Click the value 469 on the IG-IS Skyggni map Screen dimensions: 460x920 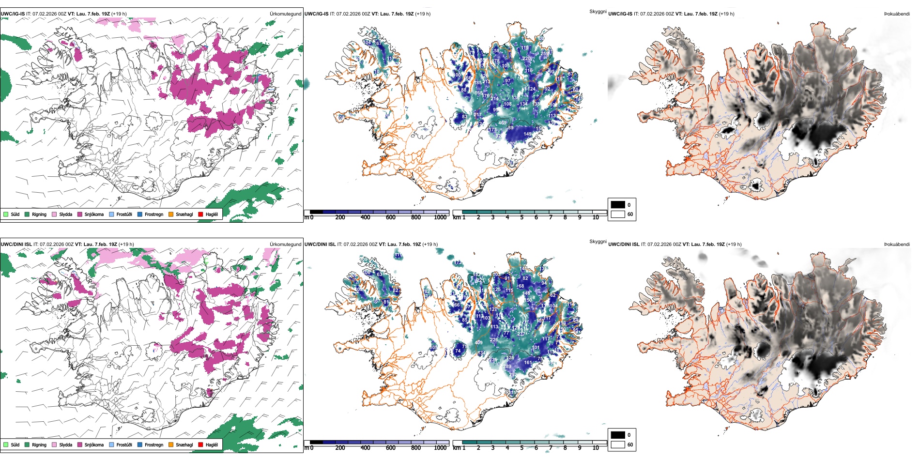tap(503, 123)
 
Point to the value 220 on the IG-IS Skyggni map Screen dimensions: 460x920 tap(526, 59)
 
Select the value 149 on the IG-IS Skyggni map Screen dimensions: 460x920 tap(528, 134)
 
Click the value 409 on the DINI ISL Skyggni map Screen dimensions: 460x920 tap(478, 343)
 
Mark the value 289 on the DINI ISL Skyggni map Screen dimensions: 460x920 tap(507, 367)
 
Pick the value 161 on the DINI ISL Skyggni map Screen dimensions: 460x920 tap(528, 362)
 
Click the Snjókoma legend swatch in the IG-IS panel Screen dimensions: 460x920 tap(80, 214)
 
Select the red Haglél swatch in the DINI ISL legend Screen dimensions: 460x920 tap(200, 445)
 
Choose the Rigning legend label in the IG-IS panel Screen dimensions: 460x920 tap(39, 214)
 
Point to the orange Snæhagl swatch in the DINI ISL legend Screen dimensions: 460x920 tap(171, 445)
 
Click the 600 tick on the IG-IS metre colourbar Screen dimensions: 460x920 tap(391, 217)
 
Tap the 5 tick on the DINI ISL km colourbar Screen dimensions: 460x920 tap(522, 448)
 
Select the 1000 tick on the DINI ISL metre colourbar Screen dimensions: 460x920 tap(440, 448)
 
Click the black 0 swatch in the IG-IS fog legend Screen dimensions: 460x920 tap(618, 205)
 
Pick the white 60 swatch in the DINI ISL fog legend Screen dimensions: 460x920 tap(618, 445)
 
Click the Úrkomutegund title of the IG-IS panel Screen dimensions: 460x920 tap(285, 14)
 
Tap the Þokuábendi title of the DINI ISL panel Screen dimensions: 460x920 tap(897, 245)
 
